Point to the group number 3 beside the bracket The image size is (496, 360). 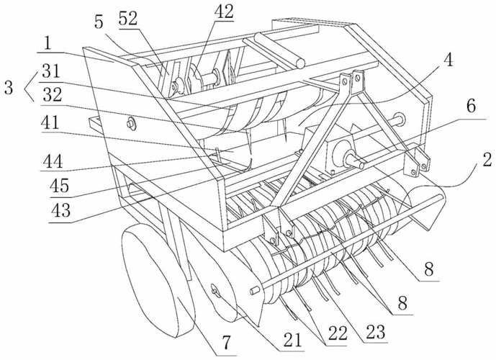pos(9,89)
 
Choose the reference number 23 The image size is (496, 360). pos(374,332)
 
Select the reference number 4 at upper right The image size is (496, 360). pos(448,61)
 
